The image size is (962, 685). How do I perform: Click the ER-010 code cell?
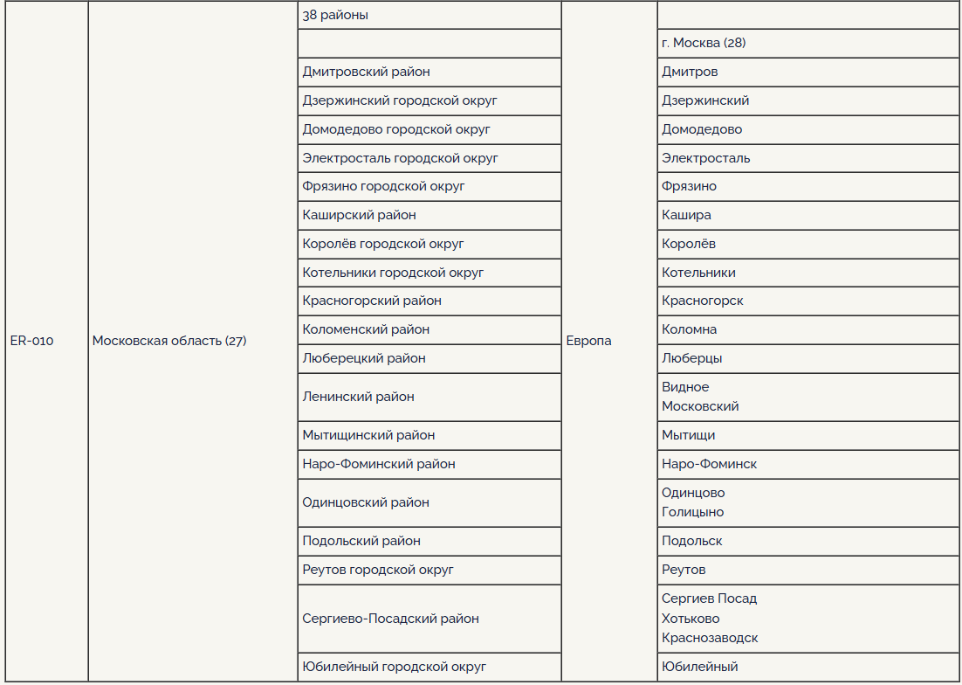(31, 342)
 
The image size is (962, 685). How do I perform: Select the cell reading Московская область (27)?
(169, 342)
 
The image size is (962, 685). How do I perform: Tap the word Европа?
(588, 342)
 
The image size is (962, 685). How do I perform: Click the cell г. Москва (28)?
(704, 43)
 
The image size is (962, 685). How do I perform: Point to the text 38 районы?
(335, 15)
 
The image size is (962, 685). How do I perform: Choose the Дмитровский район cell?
(366, 72)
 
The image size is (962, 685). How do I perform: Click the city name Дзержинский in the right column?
(705, 100)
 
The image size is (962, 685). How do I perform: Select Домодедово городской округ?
(396, 129)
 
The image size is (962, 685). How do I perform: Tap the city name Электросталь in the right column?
(705, 158)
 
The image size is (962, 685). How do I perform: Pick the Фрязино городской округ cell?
(383, 186)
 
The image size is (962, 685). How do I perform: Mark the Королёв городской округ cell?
(383, 244)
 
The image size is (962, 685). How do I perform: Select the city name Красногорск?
(703, 301)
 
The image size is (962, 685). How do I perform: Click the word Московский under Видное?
(700, 406)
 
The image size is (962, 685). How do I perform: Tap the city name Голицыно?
(692, 512)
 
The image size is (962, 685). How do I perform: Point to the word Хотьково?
(691, 619)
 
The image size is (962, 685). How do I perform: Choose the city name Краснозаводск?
(710, 638)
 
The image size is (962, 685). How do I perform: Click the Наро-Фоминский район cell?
(379, 464)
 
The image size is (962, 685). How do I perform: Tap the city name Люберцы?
(691, 358)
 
